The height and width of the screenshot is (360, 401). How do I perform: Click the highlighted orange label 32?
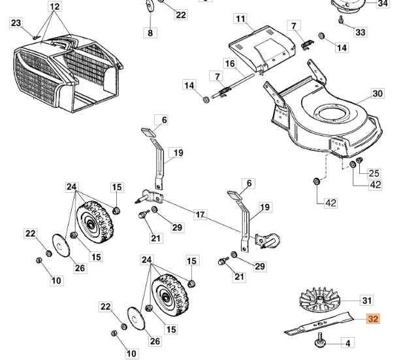click(x=373, y=319)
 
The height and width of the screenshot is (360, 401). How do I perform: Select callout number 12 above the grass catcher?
click(x=54, y=7)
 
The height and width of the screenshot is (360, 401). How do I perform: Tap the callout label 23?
click(x=16, y=24)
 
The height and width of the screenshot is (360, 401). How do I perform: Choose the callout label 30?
click(x=377, y=93)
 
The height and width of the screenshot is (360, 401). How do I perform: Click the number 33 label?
click(x=361, y=31)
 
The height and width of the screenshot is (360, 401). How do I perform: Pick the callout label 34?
click(x=383, y=3)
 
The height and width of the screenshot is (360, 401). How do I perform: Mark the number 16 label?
click(x=229, y=63)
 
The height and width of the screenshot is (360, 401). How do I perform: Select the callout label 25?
click(x=374, y=173)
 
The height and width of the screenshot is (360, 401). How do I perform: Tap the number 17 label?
click(x=200, y=214)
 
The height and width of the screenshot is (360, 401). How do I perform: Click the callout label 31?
click(x=366, y=301)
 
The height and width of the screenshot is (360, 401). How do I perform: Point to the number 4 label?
click(x=347, y=343)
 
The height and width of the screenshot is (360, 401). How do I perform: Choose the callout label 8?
click(x=150, y=33)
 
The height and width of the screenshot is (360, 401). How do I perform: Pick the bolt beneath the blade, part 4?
click(x=322, y=339)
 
